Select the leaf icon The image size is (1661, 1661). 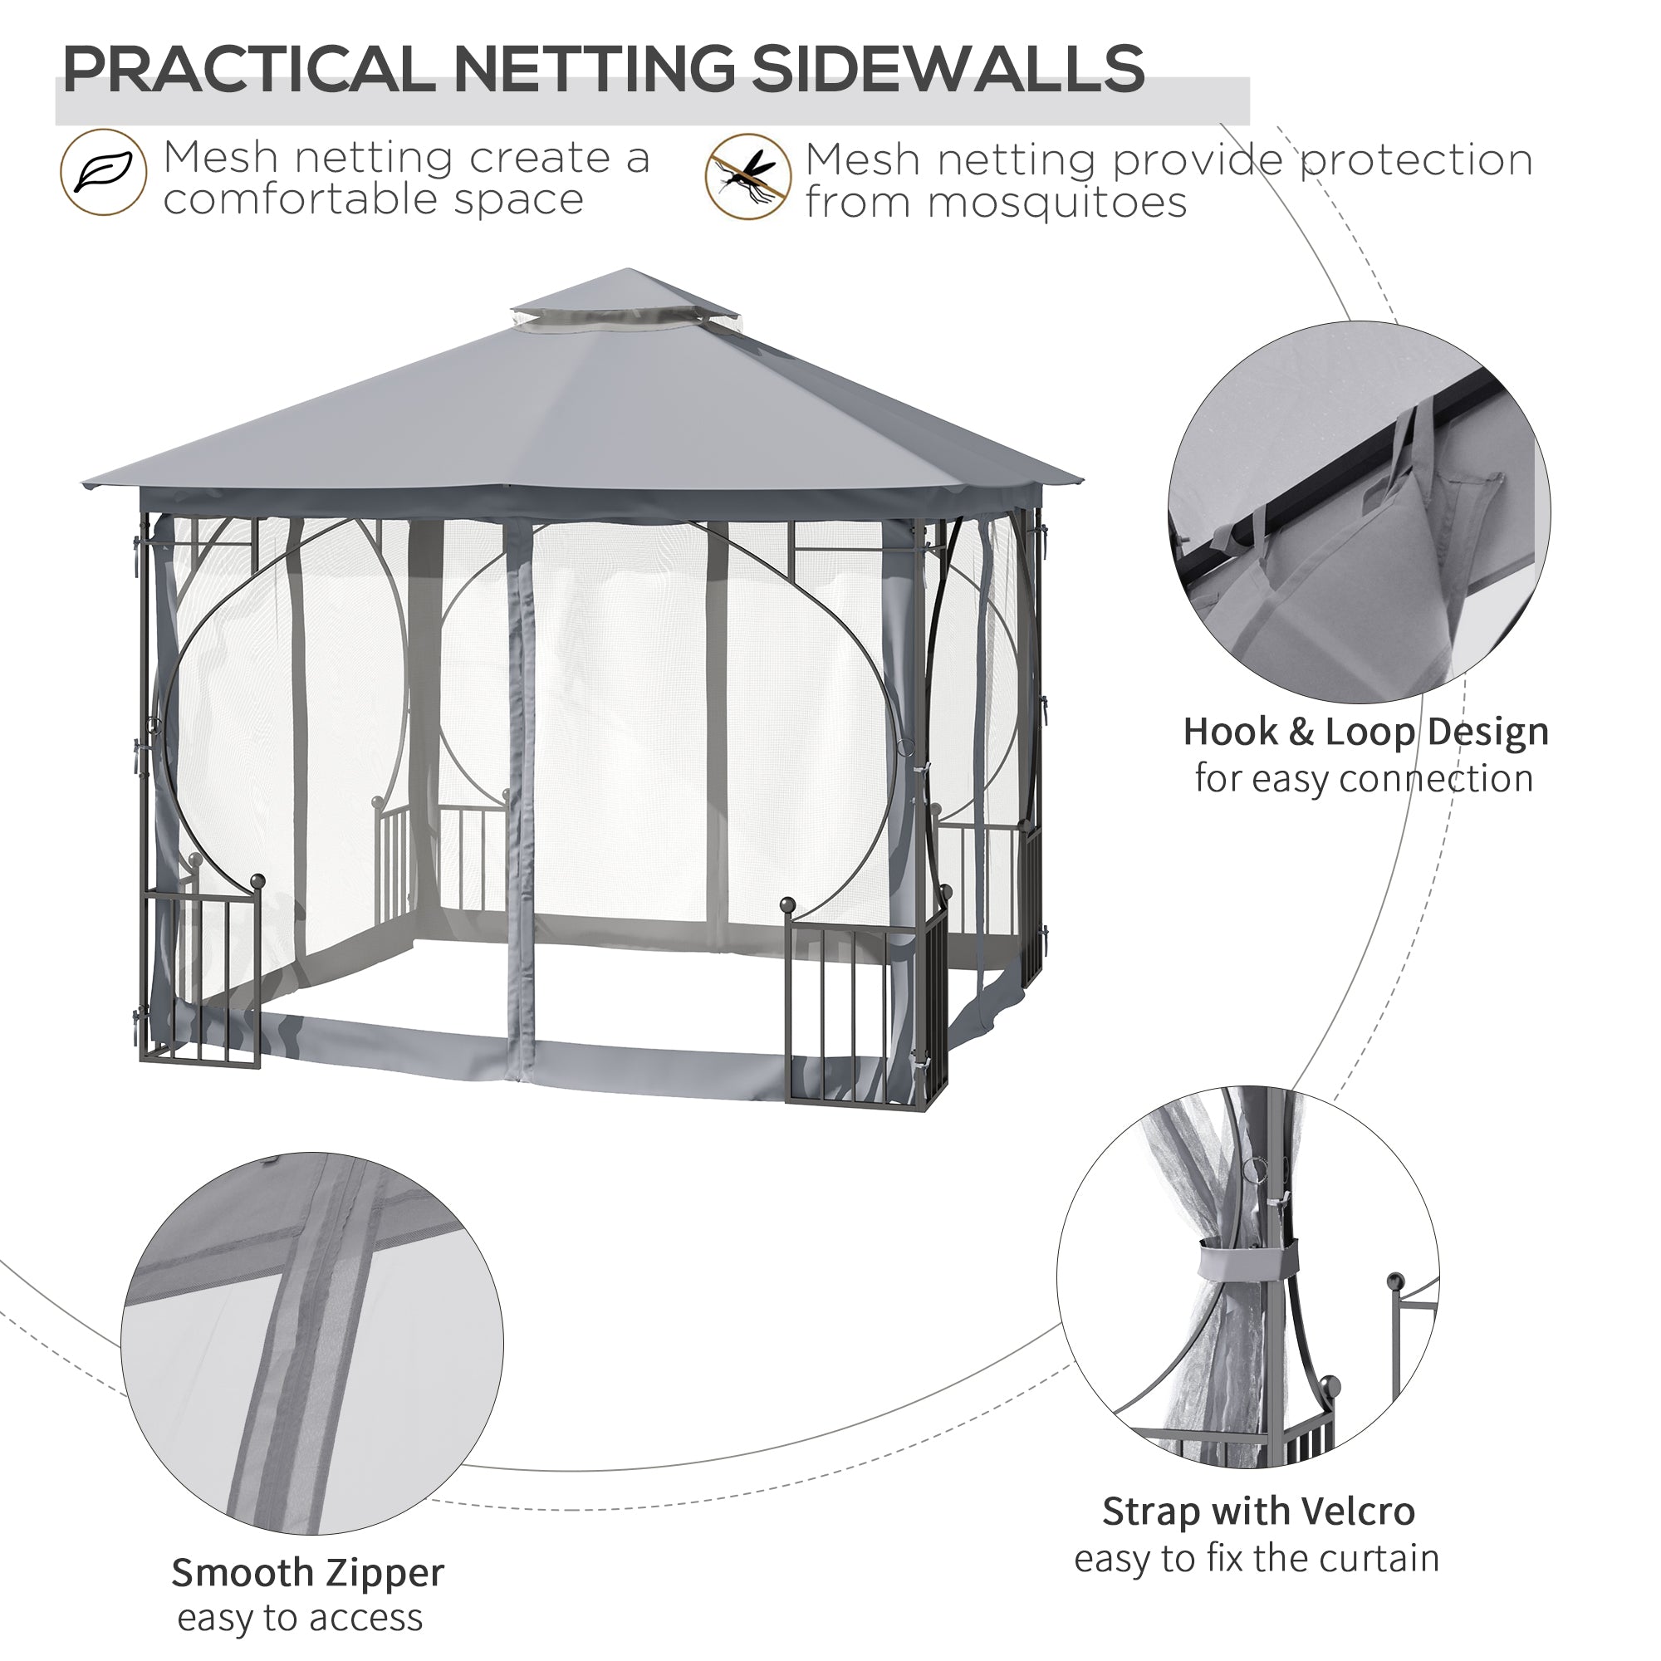pos(103,172)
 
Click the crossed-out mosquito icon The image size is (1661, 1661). pos(747,176)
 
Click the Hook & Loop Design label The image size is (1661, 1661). pos(1365,733)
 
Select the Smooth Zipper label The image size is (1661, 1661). pos(308,1573)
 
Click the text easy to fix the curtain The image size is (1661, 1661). pos(1256,1559)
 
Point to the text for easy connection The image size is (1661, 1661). pos(1364,779)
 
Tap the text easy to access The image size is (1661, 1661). pos(300,1618)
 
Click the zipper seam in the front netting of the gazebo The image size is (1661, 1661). pos(519,774)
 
